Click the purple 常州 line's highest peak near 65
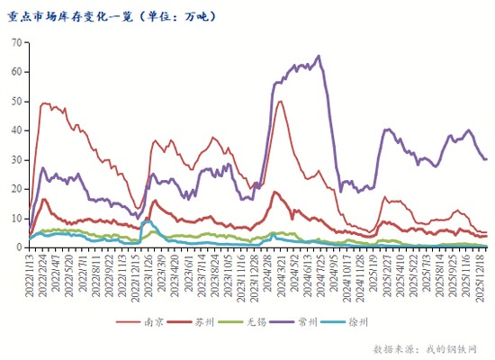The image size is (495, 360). (x=318, y=56)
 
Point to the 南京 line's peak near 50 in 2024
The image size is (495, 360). (x=280, y=101)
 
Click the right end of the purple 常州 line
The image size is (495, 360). (x=486, y=159)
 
